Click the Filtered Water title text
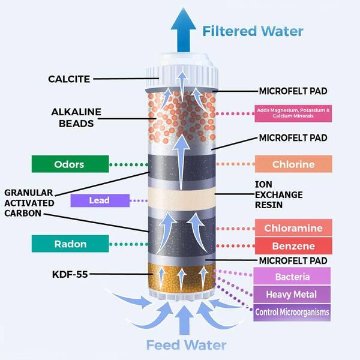[252, 31]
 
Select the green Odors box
[70, 164]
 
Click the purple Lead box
[100, 201]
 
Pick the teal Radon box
[70, 244]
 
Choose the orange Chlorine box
[293, 164]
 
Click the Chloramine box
[293, 228]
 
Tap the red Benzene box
[293, 247]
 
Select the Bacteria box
[292, 277]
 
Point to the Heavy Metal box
[292, 295]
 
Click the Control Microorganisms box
[292, 312]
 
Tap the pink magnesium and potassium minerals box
[292, 113]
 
